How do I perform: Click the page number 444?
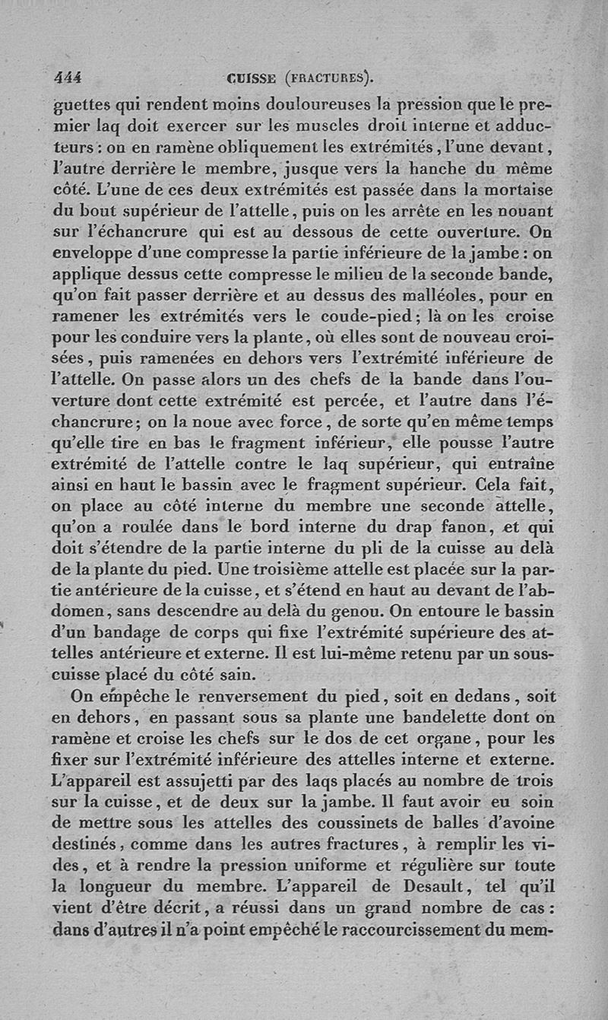pyautogui.click(x=68, y=77)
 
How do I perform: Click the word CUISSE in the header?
pyautogui.click(x=252, y=78)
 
